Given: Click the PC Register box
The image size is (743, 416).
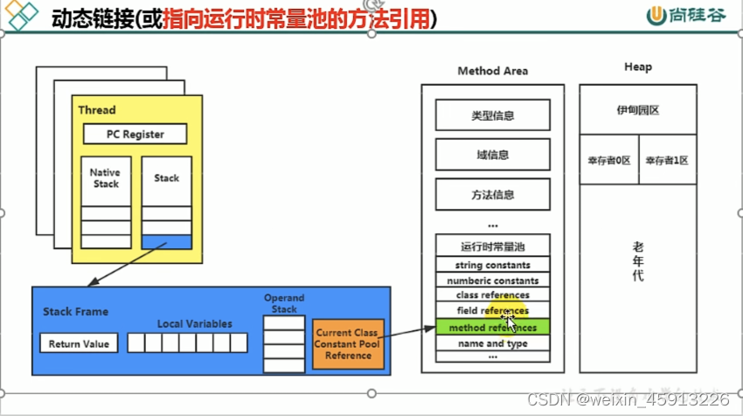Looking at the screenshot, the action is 135,134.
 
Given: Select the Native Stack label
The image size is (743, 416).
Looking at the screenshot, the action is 105,178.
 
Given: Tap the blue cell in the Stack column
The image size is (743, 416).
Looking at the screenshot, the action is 166,242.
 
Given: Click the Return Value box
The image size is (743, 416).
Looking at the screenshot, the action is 79,343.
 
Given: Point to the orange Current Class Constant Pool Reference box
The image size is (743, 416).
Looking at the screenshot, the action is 348,343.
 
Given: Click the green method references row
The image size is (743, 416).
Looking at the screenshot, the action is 492,327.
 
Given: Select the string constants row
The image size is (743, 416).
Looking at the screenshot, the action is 492,265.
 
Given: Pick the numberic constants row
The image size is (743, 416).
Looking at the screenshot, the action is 492,281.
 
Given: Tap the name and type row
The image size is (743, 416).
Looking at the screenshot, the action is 492,343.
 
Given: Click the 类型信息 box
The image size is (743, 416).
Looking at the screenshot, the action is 492,114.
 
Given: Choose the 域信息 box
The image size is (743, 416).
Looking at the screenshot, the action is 492,155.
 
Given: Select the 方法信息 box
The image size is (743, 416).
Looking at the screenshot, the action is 492,195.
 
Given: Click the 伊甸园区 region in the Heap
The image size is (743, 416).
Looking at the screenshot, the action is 637,111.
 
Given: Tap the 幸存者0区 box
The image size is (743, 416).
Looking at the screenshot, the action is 609,160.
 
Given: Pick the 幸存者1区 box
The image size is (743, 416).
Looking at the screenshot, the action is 667,160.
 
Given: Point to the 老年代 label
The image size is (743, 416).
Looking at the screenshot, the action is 638,261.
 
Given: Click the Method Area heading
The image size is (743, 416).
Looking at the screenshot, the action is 492,71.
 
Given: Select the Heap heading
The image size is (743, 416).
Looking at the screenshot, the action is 637,67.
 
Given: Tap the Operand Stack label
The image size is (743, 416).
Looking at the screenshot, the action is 284,303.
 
